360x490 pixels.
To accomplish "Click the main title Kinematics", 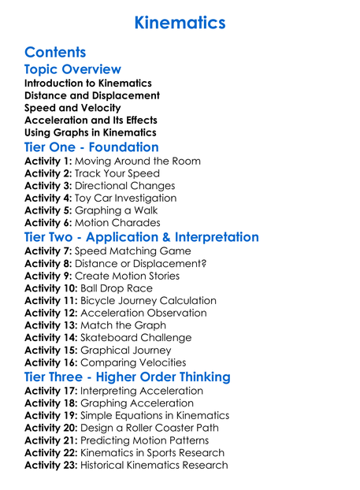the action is (x=180, y=22).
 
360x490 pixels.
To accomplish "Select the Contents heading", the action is (x=55, y=52).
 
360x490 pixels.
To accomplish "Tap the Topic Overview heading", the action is (x=72, y=69).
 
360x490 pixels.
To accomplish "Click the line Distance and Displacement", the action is (x=91, y=95).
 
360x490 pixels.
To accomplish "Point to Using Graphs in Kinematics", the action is (x=90, y=133).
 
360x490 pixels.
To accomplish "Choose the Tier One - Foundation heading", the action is (x=91, y=147).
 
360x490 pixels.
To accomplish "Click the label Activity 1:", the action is (x=49, y=161).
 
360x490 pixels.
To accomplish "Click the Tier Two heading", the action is (x=142, y=237).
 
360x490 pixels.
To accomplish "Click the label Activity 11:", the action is (x=52, y=300).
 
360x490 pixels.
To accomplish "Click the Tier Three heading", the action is (x=128, y=377).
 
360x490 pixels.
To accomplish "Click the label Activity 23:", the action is (x=52, y=465).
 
